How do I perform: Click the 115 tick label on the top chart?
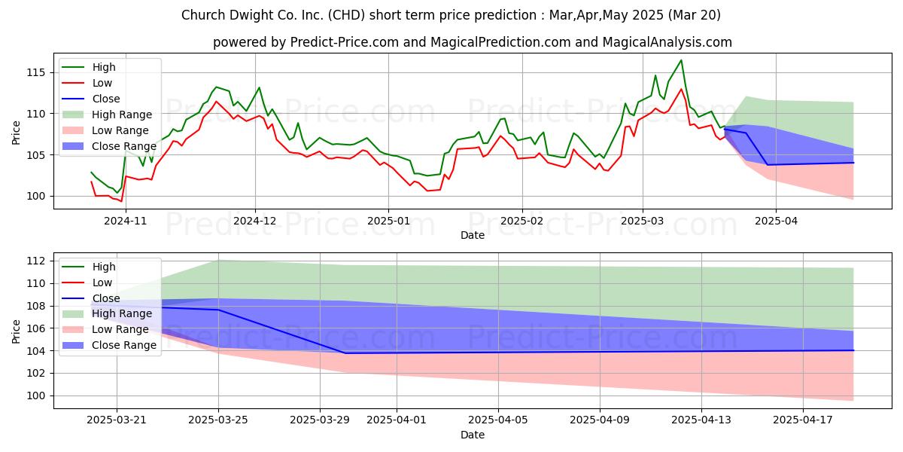[x=36, y=73]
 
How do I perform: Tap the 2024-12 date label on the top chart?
[x=255, y=221]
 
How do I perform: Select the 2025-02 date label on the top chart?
[x=522, y=221]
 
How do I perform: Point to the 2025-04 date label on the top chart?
[x=776, y=221]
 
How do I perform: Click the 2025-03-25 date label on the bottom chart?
[x=218, y=420]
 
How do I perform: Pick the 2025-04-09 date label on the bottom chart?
[x=600, y=420]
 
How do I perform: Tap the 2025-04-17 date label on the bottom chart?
[x=803, y=420]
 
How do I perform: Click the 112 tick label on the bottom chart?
[x=36, y=261]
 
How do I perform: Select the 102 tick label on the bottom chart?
[x=36, y=374]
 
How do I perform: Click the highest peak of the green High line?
[x=681, y=60]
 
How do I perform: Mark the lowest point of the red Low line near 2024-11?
[x=121, y=201]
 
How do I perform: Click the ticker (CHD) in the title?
[x=347, y=15]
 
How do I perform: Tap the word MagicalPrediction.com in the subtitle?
[x=500, y=42]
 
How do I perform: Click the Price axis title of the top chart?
[x=16, y=133]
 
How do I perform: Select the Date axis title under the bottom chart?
[x=473, y=435]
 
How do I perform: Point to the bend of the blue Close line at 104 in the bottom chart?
[x=345, y=353]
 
